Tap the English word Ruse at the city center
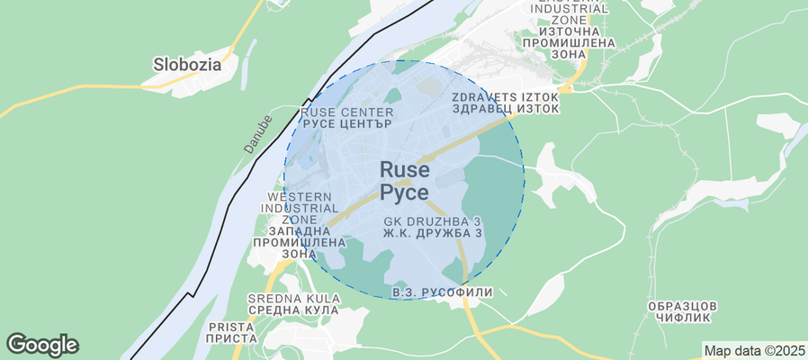[404, 169]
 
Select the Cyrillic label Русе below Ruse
[404, 192]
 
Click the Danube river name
[256, 133]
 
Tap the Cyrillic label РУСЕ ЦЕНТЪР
[346, 124]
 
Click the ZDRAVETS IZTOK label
[506, 96]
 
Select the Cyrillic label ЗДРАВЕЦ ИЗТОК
[506, 109]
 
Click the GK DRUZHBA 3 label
[432, 221]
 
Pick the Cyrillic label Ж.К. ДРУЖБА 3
[432, 233]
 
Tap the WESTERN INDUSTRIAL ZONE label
[301, 208]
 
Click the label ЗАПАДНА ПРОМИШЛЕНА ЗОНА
[300, 242]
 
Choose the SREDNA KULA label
[295, 298]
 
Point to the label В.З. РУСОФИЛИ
[443, 292]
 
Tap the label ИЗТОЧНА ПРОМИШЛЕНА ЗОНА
[568, 42]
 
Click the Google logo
[42, 344]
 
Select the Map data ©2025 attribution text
[754, 350]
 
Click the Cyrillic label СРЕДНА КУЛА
[295, 310]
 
